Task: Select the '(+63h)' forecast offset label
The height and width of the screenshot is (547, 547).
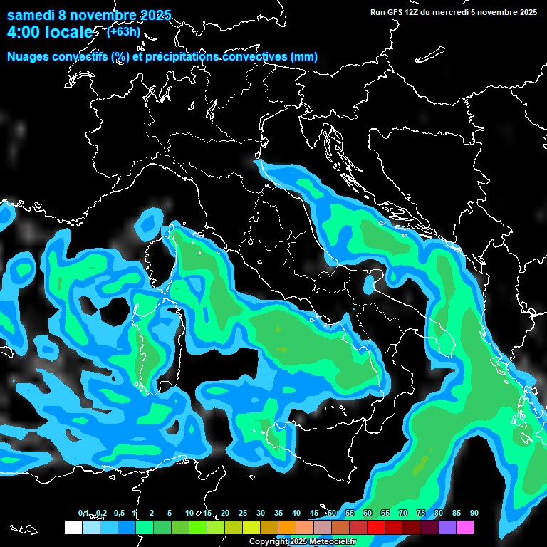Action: coord(123,31)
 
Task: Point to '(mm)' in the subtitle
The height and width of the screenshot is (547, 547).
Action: coord(304,57)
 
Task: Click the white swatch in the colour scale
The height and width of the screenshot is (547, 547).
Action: coord(73,527)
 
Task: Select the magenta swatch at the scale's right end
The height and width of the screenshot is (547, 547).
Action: coord(465,527)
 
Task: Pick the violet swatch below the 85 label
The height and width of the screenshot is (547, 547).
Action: coord(447,527)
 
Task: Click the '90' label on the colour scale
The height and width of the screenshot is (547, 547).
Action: coord(474,514)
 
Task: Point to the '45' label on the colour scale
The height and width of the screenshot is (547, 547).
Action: coord(314,514)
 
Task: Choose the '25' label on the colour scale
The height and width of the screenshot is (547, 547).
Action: coord(243,514)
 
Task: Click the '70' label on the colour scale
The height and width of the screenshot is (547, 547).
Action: coord(403,514)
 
